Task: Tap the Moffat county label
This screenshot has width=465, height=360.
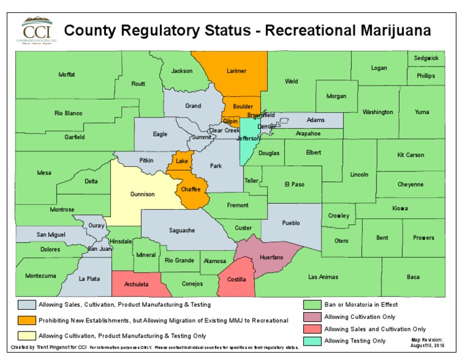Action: [67, 75]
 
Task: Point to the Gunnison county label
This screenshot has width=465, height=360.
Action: [142, 195]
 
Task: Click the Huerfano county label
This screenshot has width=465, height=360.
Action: [271, 258]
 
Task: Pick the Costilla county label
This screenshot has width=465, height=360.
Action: [236, 279]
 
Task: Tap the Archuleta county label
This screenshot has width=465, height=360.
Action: [136, 283]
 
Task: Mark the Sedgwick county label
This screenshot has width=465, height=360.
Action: [426, 58]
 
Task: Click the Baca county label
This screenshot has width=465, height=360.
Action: [413, 277]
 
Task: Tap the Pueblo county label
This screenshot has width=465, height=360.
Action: [291, 223]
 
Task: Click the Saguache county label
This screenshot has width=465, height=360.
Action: [181, 230]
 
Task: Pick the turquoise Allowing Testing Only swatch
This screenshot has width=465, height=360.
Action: [312, 341]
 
